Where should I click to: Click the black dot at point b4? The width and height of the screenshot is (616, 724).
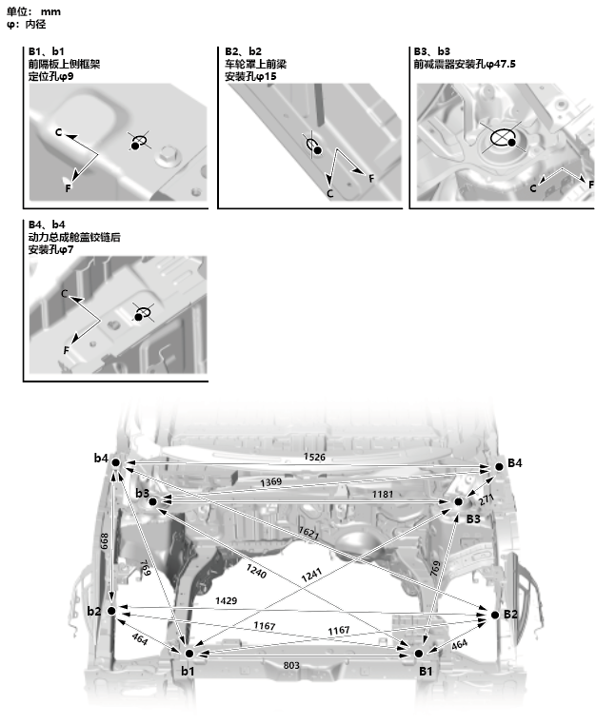tap(115, 462)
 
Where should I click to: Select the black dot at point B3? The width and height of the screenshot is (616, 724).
tap(458, 502)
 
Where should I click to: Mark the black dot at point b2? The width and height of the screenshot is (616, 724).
tap(112, 610)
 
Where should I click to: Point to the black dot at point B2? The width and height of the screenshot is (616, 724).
tap(495, 616)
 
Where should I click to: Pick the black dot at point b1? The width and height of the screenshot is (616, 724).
tap(189, 654)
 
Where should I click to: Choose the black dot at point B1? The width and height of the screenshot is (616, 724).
tap(420, 654)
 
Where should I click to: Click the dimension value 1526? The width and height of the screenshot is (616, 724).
tap(316, 458)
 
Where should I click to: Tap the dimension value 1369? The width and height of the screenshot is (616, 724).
tap(271, 483)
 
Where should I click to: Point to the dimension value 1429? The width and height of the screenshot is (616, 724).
tap(227, 603)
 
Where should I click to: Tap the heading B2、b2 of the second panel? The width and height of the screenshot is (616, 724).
tap(243, 51)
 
